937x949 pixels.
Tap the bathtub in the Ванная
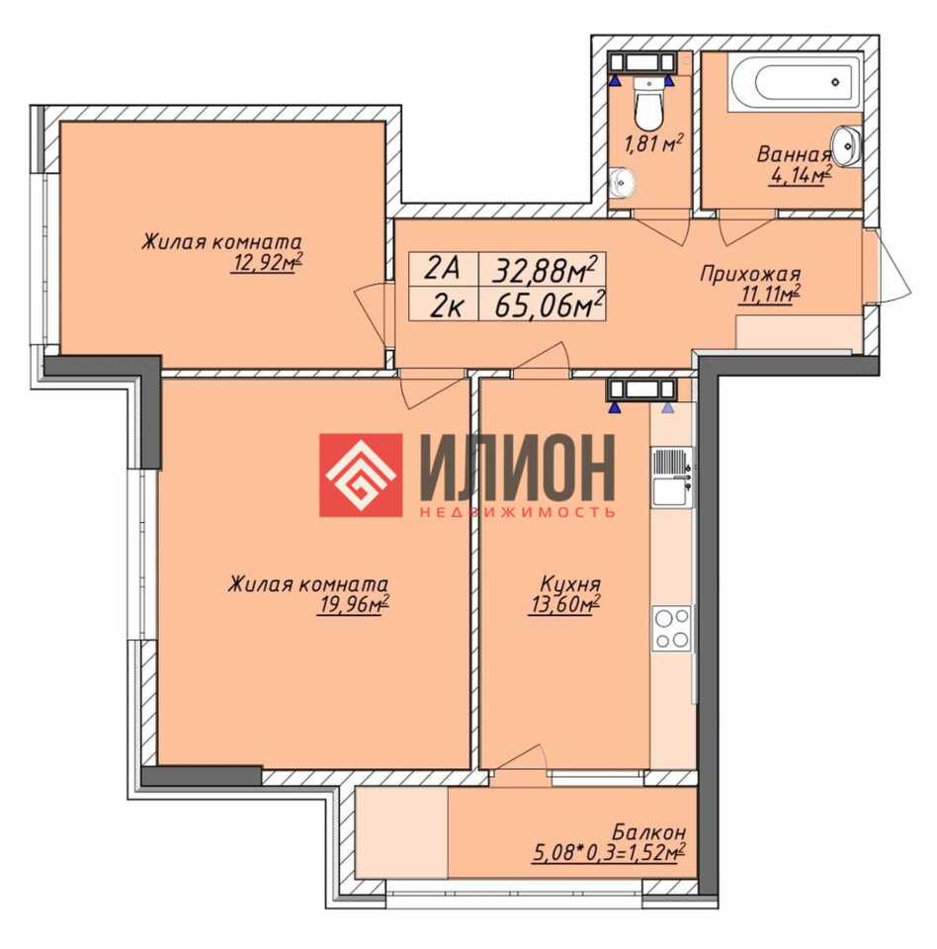pos(795,83)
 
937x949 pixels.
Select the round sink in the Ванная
pos(847,145)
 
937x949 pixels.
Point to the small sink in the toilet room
pos(621,182)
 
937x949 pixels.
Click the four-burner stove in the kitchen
pos(672,629)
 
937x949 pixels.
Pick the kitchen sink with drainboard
pos(672,477)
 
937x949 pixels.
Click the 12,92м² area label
pos(266,264)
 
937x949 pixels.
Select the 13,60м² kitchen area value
pos(564,605)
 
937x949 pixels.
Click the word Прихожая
pos(750,274)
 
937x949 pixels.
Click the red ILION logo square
pos(361,475)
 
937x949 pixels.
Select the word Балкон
pos(649,831)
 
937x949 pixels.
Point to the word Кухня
pos(569,584)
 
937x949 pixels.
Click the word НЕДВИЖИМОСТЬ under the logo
pos(516,512)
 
